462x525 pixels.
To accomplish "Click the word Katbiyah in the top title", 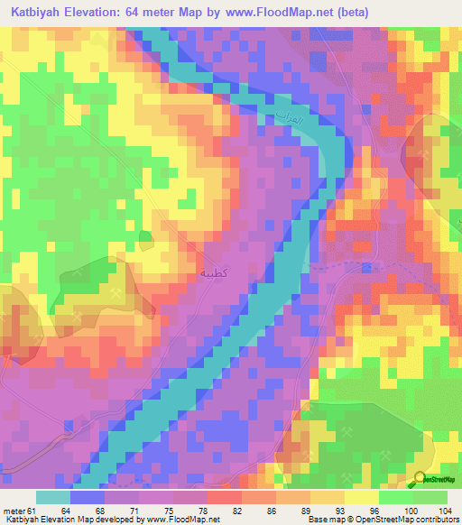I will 41,13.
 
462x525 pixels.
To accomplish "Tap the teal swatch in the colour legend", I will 53,496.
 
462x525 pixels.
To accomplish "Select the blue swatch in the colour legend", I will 88,496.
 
